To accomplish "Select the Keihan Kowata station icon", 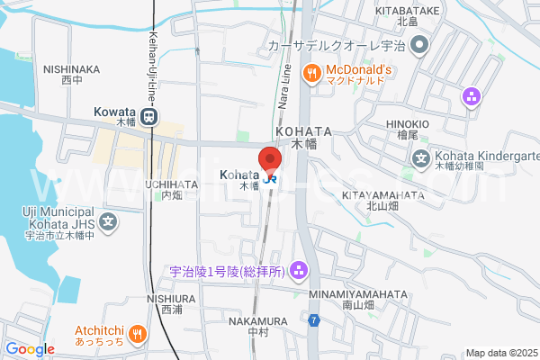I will pyautogui.click(x=152, y=114).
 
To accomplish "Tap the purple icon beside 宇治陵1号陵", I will pyautogui.click(x=299, y=269).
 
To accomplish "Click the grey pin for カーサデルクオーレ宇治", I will pyautogui.click(x=418, y=44).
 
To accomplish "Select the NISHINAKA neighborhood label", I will pyautogui.click(x=71, y=67).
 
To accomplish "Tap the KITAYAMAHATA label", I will pyautogui.click(x=383, y=194).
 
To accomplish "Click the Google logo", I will pyautogui.click(x=30, y=349).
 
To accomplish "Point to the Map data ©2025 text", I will pyautogui.click(x=500, y=352).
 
